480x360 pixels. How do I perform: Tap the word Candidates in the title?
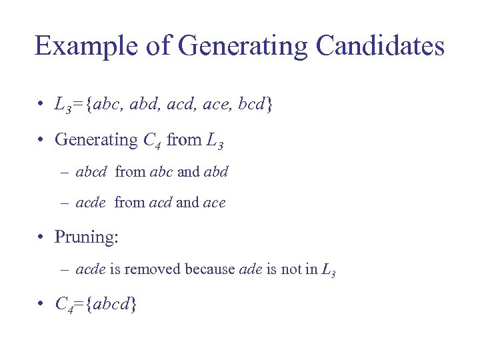coord(380,47)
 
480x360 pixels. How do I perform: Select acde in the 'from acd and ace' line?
coord(91,202)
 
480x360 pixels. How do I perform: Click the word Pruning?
coord(85,237)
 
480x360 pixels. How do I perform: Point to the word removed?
coord(153,269)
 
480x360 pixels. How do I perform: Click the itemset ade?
coord(249,269)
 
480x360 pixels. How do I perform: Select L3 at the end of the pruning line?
coord(327,271)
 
